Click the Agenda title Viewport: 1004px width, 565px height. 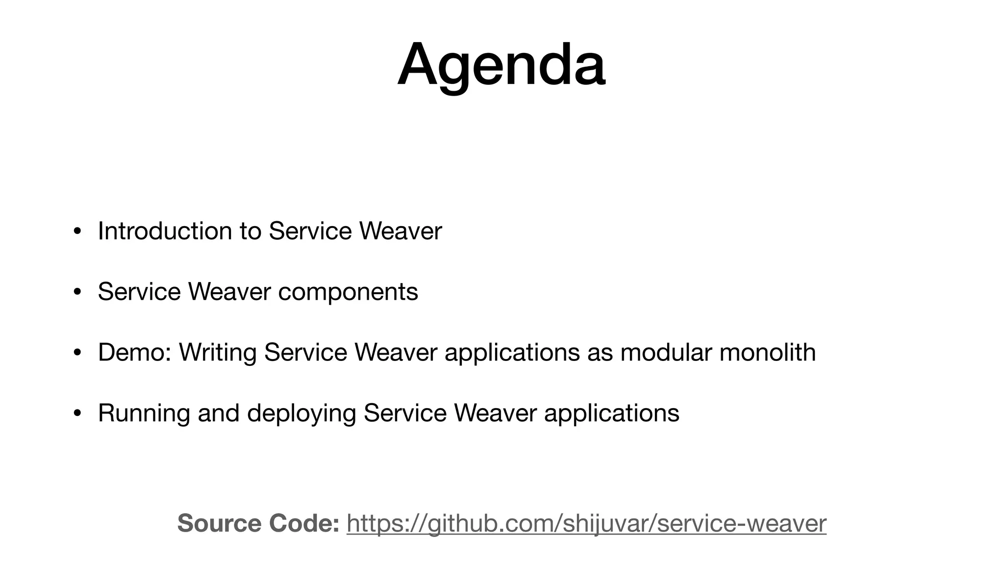[x=501, y=65]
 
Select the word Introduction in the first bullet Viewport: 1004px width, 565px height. [x=165, y=231]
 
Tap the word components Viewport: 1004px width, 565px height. [x=348, y=292]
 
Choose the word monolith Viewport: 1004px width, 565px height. [x=767, y=352]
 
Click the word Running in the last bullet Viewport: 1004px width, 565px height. [x=144, y=413]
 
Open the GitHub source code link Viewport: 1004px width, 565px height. [x=586, y=523]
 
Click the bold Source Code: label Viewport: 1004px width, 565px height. [x=258, y=523]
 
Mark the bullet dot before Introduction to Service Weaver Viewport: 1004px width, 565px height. [x=77, y=231]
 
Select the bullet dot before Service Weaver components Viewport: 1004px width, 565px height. [x=77, y=292]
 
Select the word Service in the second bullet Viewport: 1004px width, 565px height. [x=139, y=292]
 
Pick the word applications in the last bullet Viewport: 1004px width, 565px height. [x=611, y=413]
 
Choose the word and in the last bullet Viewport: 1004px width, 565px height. [x=218, y=413]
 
